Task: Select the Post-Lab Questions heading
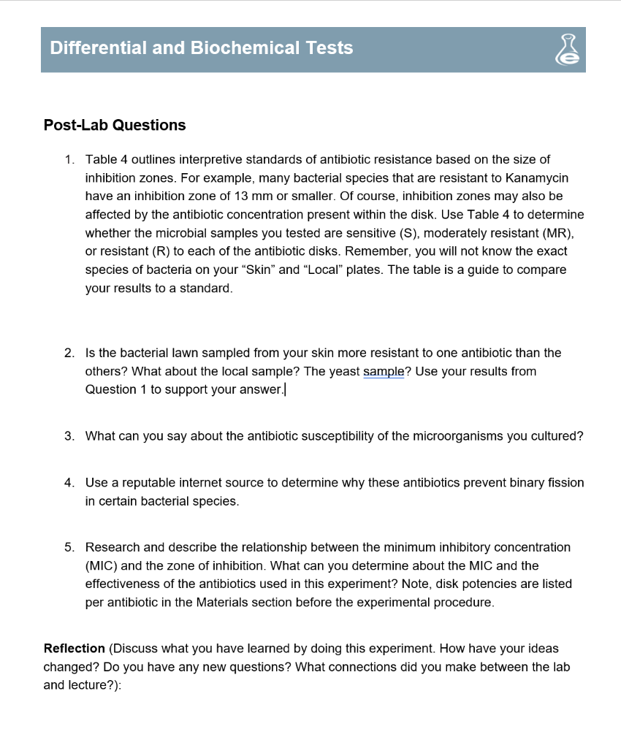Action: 115,125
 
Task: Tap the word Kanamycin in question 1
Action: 537,178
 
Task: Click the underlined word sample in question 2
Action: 383,371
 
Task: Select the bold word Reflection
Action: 75,649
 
